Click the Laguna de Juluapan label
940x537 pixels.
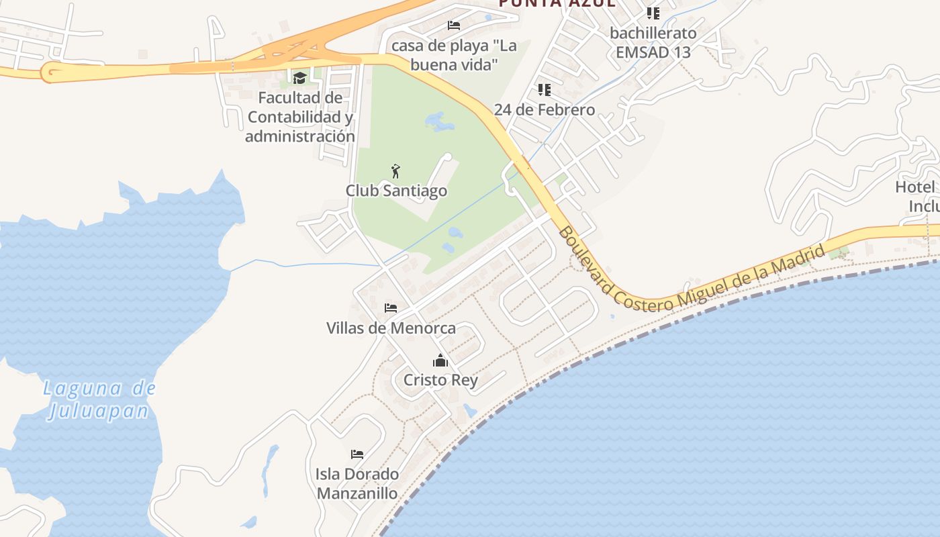(99, 399)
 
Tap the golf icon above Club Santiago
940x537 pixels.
(395, 171)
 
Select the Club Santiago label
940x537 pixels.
(396, 191)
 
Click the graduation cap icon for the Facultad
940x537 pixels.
(299, 78)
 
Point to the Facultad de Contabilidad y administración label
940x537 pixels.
(299, 117)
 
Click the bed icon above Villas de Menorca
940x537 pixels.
(391, 308)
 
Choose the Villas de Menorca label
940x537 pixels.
(391, 328)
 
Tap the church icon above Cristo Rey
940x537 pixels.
(440, 360)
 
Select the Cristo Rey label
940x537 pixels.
(440, 380)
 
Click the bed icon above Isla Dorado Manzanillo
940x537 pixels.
(357, 454)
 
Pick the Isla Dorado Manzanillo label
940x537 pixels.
(357, 484)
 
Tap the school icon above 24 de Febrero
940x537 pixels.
(545, 90)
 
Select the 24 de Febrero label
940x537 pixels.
(545, 109)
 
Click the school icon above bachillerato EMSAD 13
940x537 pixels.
(653, 13)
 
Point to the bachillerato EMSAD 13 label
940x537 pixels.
(653, 42)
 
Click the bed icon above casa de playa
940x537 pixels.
(454, 26)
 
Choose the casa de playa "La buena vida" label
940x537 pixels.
(454, 55)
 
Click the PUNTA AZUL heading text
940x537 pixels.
(557, 3)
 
